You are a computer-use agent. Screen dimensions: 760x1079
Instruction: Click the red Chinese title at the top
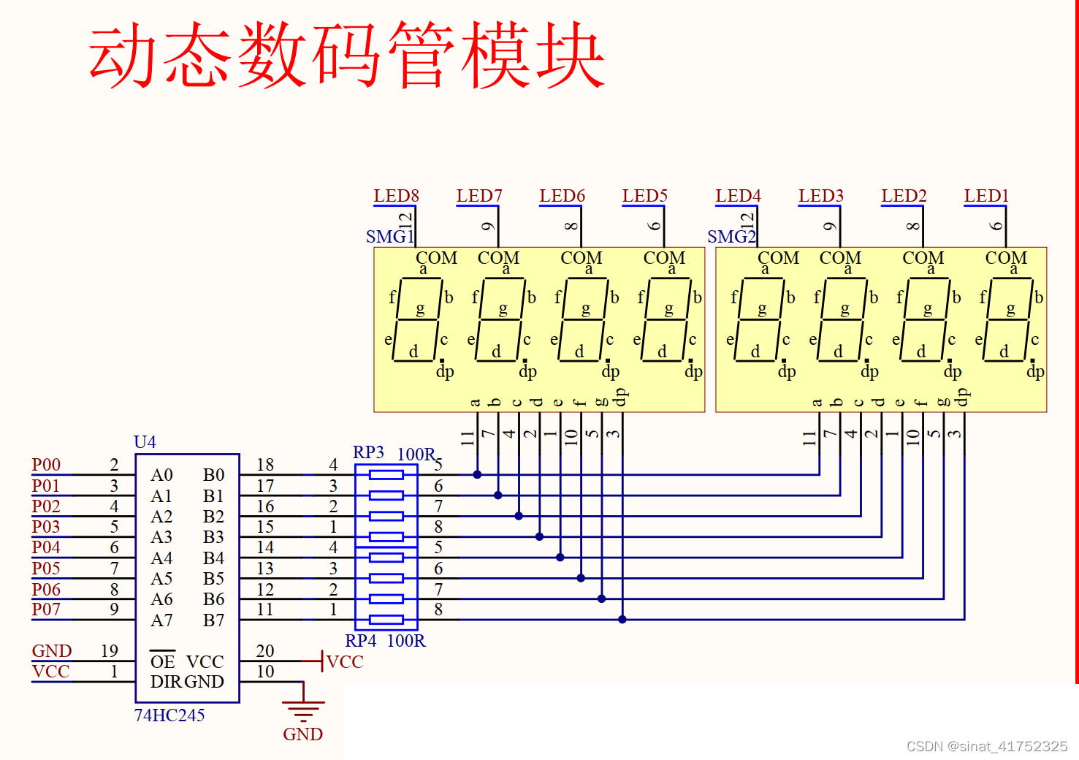point(346,55)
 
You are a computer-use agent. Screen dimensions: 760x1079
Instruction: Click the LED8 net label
point(396,196)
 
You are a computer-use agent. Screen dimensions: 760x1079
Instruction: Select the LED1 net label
point(986,196)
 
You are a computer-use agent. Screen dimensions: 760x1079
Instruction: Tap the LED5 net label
point(644,196)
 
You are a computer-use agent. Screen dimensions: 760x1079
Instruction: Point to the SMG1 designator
point(389,237)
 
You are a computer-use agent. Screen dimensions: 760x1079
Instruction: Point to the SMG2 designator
point(731,237)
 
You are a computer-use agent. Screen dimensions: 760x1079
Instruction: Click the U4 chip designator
point(145,442)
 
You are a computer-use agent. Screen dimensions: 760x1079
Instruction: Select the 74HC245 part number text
point(169,715)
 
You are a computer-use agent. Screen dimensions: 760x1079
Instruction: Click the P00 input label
point(46,465)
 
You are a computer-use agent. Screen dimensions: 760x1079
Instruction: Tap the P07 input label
point(46,609)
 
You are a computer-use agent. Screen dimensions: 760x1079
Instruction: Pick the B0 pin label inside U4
point(213,475)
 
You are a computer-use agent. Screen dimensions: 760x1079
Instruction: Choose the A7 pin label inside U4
point(161,620)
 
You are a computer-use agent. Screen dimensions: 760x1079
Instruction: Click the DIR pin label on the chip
point(166,682)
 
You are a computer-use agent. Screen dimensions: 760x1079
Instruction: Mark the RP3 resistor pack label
point(368,452)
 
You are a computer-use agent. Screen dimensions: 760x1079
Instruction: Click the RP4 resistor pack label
point(360,641)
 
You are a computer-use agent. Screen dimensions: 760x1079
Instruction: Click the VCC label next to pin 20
point(344,662)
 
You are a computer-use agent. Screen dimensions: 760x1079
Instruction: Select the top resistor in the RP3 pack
point(386,475)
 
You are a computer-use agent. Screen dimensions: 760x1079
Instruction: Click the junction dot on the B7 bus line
point(622,620)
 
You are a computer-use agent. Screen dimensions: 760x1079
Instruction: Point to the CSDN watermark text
point(986,746)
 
